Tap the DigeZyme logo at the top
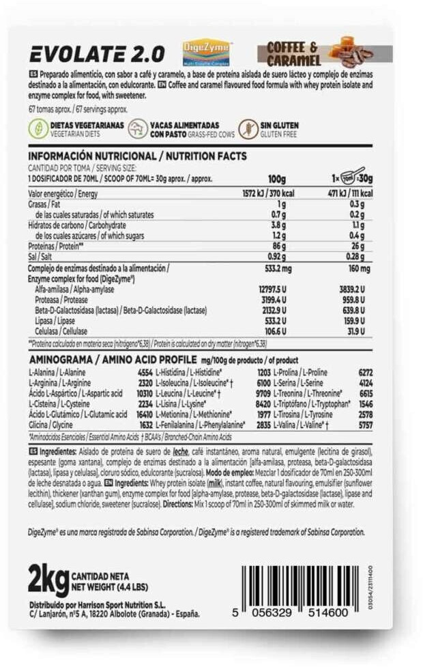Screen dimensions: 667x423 click(206, 51)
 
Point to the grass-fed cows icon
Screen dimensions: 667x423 click(138, 129)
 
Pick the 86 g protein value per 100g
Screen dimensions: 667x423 click(277, 246)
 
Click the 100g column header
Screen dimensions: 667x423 click(277, 178)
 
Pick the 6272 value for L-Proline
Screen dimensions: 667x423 click(366, 372)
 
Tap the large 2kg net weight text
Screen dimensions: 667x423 click(48, 581)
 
